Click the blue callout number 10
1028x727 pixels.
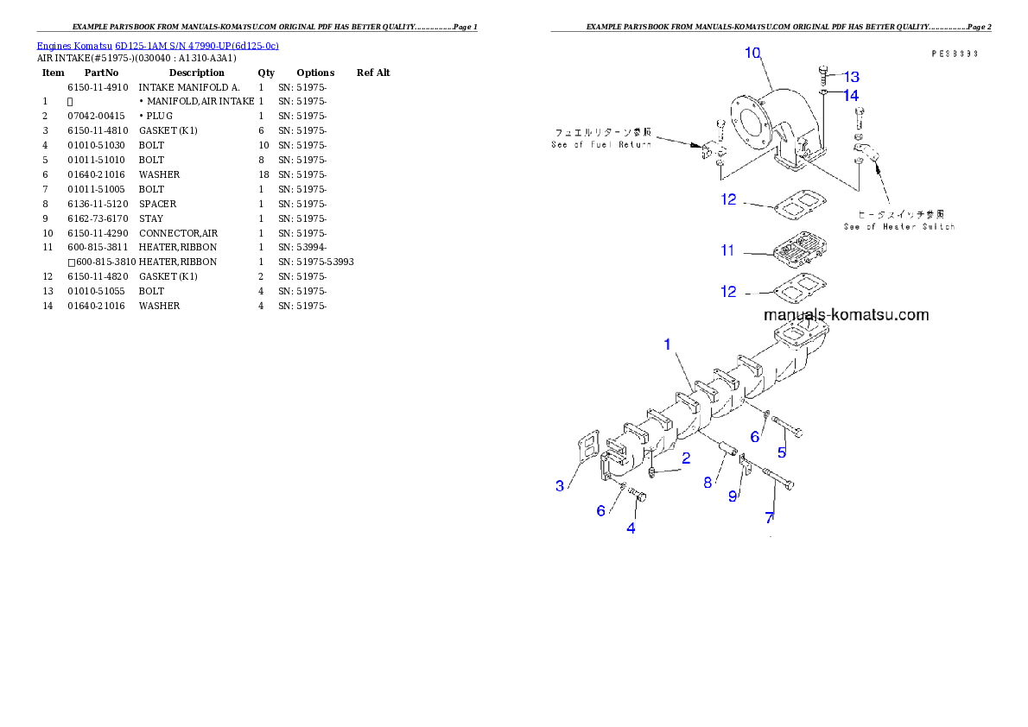[x=752, y=53]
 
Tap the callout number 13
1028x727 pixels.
[x=851, y=77]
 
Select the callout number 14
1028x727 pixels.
[x=851, y=95]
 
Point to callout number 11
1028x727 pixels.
[x=727, y=250]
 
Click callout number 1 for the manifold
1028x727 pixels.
[x=667, y=344]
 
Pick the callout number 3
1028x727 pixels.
[x=560, y=486]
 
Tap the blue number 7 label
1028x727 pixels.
[x=769, y=518]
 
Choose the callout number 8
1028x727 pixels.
[x=708, y=483]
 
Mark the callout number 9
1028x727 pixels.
[x=733, y=496]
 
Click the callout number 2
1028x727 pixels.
[x=686, y=457]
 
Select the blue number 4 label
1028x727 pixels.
[x=631, y=528]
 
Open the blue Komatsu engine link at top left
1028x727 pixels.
[x=157, y=45]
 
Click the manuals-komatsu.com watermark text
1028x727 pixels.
[x=846, y=315]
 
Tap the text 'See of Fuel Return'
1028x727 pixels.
[x=601, y=144]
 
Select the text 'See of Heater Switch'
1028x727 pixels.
[x=899, y=226]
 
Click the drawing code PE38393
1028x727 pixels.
[x=954, y=54]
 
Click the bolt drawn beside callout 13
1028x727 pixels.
[x=824, y=75]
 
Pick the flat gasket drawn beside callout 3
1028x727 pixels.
[x=586, y=452]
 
